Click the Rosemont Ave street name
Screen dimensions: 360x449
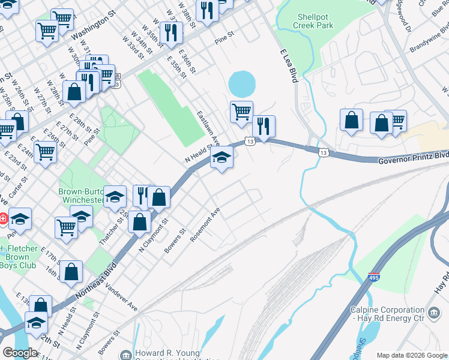point(206,224)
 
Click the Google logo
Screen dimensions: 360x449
point(20,353)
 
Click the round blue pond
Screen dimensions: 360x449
point(240,84)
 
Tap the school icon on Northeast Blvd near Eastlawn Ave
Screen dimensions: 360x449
point(221,158)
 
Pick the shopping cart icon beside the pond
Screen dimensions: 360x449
point(241,111)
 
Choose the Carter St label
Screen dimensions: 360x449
point(20,186)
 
